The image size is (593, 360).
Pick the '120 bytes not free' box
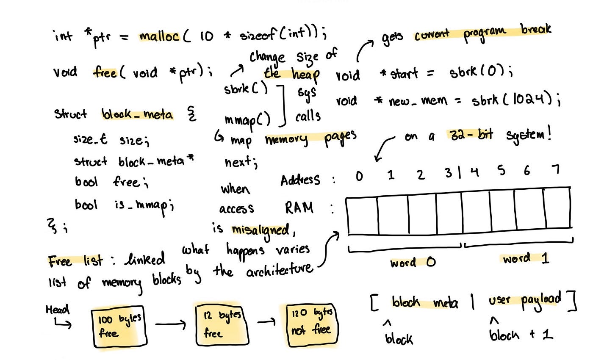pos(311,324)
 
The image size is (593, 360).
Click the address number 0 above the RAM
pos(359,174)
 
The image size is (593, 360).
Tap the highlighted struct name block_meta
pos(138,114)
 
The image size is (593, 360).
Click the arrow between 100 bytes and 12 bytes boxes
pos(170,325)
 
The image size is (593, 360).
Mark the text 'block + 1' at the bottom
pos(521,335)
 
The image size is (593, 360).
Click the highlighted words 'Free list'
pos(75,260)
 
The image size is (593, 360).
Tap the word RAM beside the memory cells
pos(299,208)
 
